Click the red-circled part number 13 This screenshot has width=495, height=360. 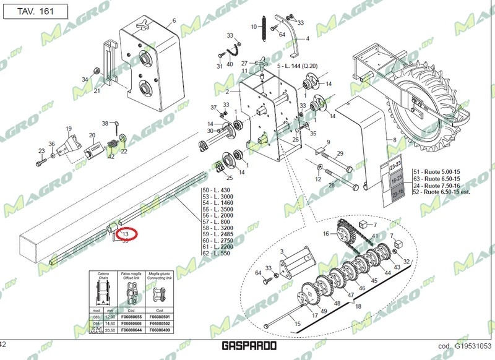[x=126, y=234]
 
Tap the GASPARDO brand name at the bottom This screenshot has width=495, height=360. [x=247, y=347]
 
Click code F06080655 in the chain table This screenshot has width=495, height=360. [x=131, y=317]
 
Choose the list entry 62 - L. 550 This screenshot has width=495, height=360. [x=216, y=254]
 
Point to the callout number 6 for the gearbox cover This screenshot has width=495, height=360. [x=174, y=20]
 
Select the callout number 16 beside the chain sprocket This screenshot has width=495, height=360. [x=325, y=234]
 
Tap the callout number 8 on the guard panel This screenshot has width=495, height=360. [x=394, y=141]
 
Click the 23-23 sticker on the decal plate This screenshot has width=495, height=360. [x=395, y=166]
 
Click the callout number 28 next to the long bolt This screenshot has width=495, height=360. [x=332, y=185]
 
